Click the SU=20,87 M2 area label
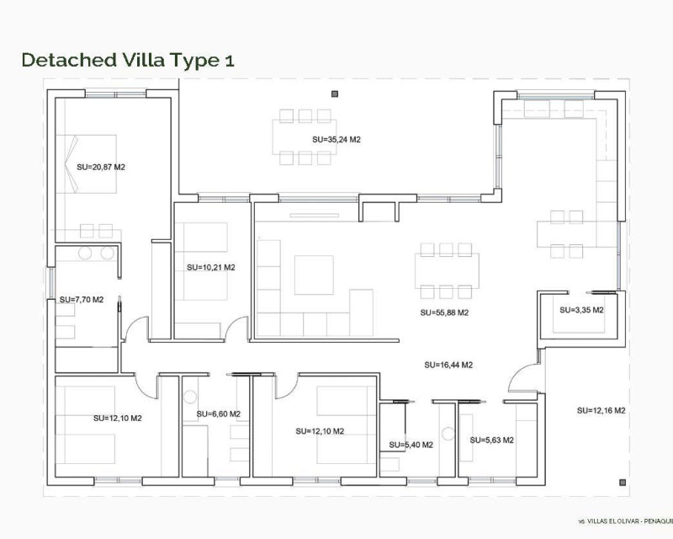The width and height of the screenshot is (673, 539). [x=101, y=168]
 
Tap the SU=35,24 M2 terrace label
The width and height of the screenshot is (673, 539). [x=336, y=140]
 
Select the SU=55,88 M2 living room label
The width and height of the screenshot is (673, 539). [x=444, y=313]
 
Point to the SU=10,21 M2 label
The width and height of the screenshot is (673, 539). [x=211, y=267]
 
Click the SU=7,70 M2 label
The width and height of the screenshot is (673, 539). [x=82, y=300]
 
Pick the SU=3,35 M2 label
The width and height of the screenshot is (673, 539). [x=581, y=310]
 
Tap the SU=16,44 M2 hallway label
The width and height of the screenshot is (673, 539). [x=448, y=365]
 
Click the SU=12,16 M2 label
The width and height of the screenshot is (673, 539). [x=601, y=410]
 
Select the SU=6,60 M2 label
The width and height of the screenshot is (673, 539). [x=219, y=414]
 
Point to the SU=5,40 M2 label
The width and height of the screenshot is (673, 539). [x=411, y=445]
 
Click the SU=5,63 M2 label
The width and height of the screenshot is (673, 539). [x=491, y=440]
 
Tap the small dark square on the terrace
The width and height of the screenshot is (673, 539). [x=335, y=93]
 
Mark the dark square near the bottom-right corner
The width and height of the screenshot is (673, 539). [x=623, y=483]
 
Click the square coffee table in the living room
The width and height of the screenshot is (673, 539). [x=314, y=275]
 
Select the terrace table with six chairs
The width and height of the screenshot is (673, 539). [x=305, y=137]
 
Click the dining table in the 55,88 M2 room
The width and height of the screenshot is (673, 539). [x=447, y=271]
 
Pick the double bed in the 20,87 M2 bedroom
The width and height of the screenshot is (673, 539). [x=87, y=163]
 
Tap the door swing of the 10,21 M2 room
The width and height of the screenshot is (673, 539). [x=236, y=328]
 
